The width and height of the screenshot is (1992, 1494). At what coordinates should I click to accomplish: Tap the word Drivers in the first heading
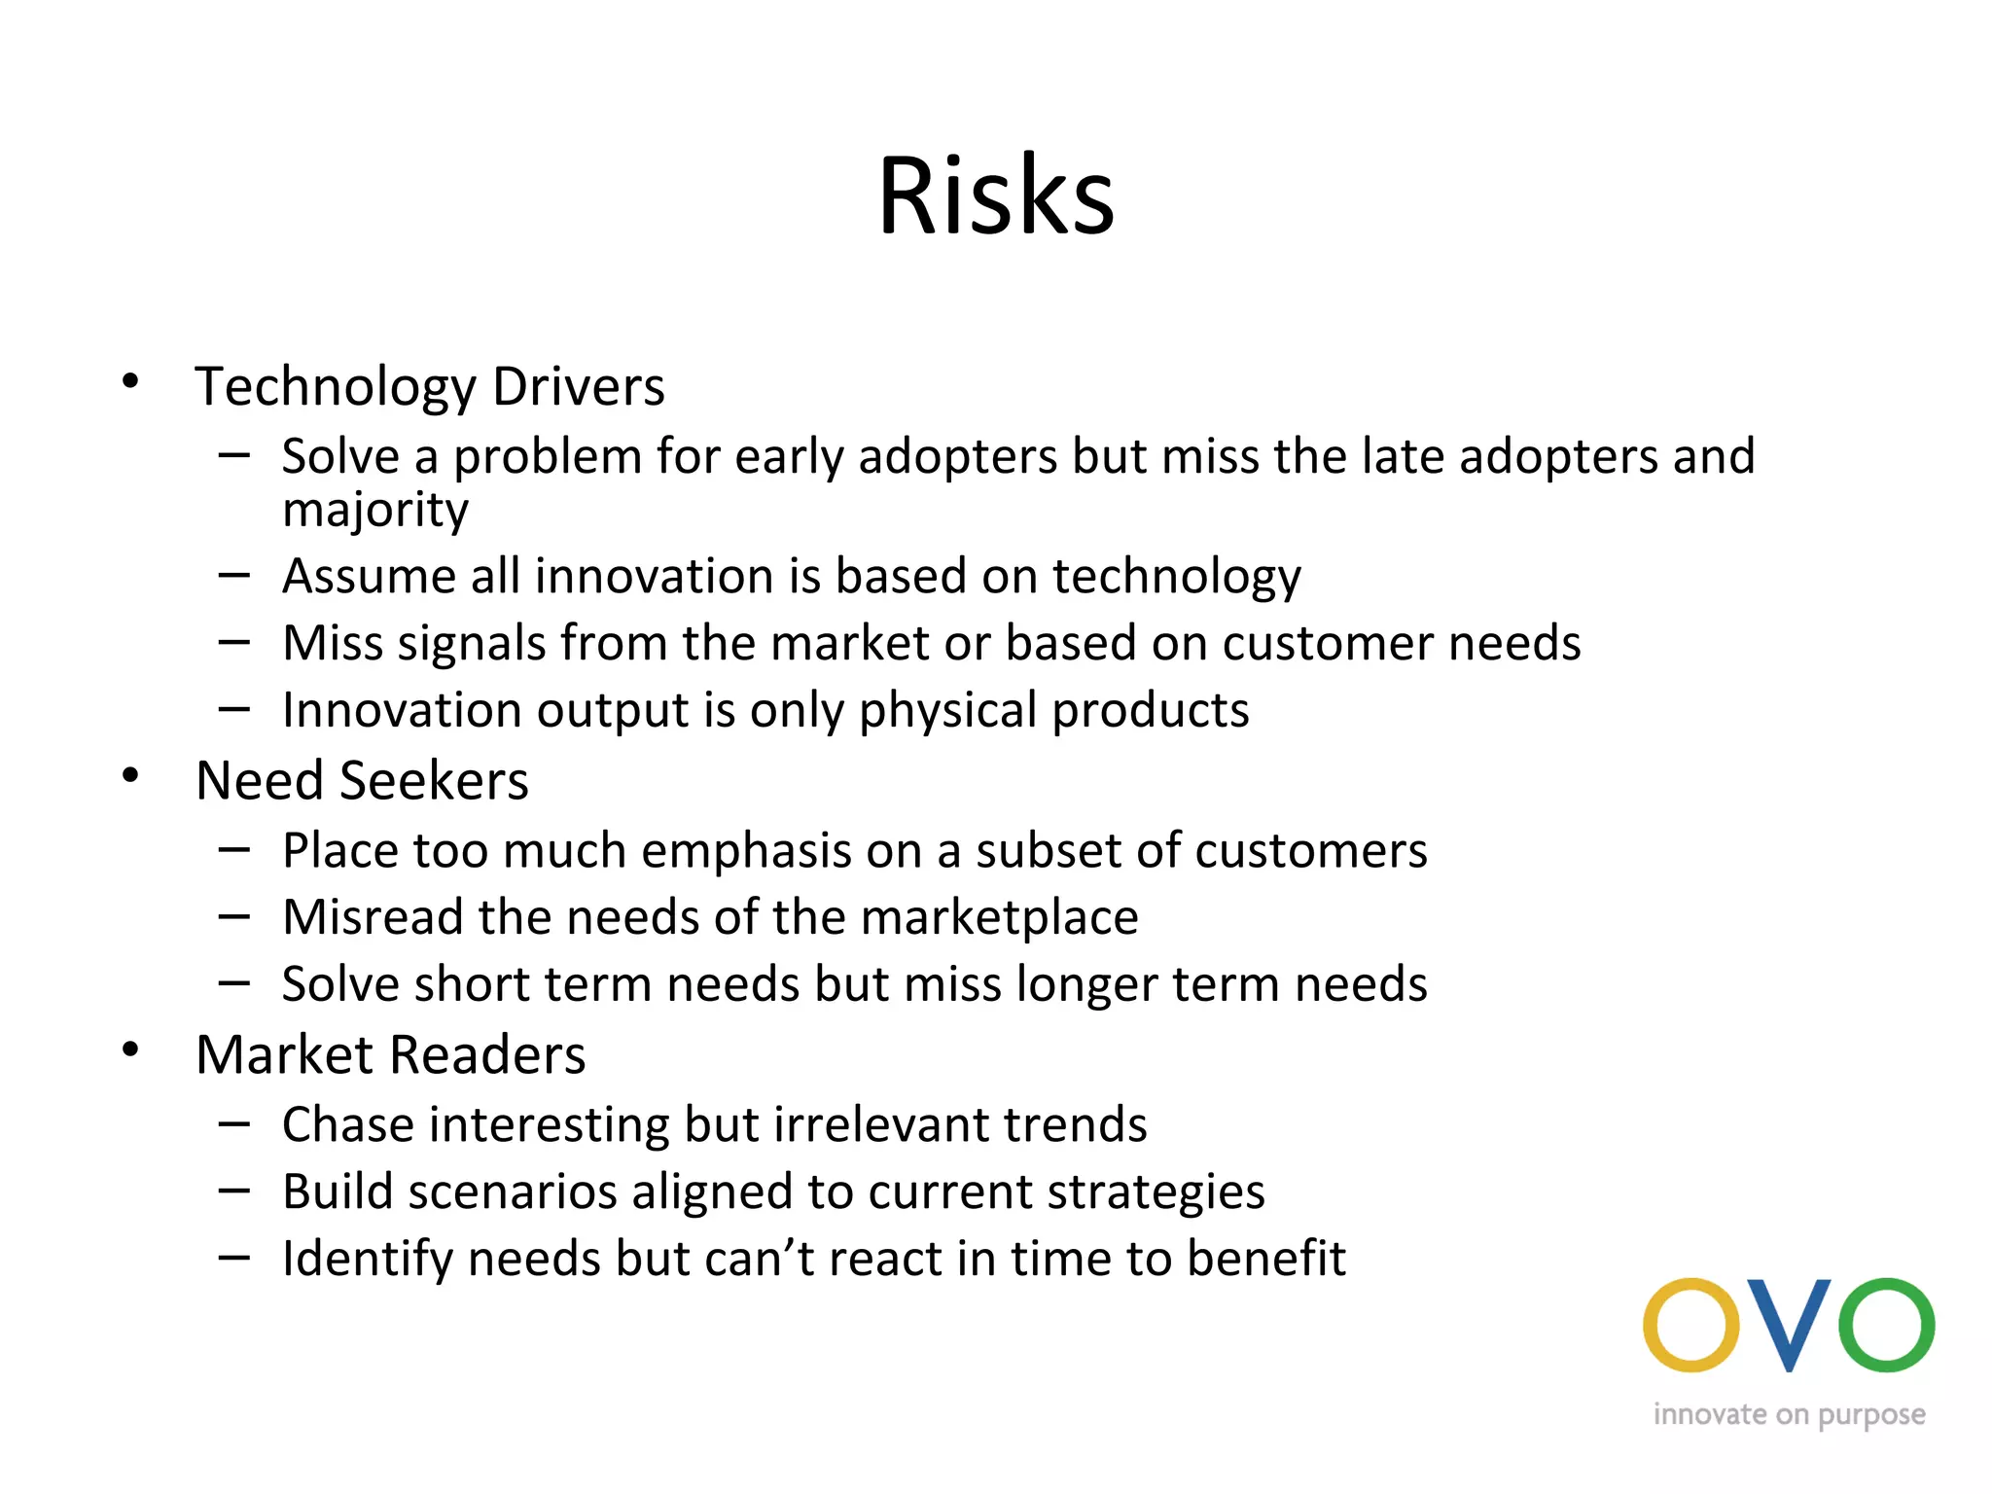coord(578,386)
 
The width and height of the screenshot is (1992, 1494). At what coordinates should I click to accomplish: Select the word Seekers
coord(434,781)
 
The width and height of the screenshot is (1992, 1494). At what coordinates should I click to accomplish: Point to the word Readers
coord(488,1055)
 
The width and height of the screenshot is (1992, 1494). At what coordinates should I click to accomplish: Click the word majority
coord(375,510)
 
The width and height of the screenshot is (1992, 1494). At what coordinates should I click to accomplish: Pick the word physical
coord(947,710)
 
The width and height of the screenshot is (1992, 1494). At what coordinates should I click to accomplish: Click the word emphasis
coord(746,851)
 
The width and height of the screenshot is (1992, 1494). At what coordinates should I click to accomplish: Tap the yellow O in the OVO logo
coord(1690,1325)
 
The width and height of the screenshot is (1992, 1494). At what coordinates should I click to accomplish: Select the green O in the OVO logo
coord(1887,1325)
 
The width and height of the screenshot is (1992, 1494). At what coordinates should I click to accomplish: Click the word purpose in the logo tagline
coord(1871,1416)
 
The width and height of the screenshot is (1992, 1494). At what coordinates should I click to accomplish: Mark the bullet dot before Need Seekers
coord(130,776)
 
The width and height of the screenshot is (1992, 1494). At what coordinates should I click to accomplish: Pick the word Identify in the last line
coord(367,1260)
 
